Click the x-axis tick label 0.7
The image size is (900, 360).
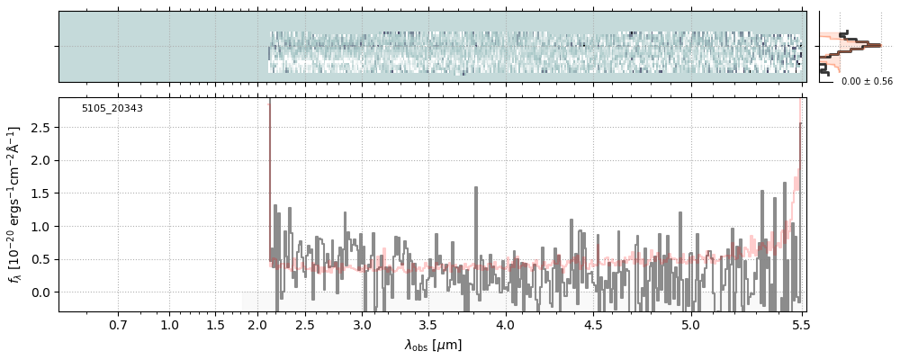(118, 324)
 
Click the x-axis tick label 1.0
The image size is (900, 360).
(169, 324)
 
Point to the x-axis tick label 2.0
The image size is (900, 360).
(258, 324)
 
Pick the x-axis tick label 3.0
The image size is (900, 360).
(362, 324)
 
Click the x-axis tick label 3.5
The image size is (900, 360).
(428, 324)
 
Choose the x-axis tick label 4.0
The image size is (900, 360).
(506, 324)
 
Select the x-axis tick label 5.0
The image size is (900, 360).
(690, 324)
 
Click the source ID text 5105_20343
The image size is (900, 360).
(112, 109)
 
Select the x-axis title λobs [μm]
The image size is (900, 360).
(433, 345)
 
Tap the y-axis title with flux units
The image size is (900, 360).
(14, 205)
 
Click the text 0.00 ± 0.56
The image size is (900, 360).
(866, 82)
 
